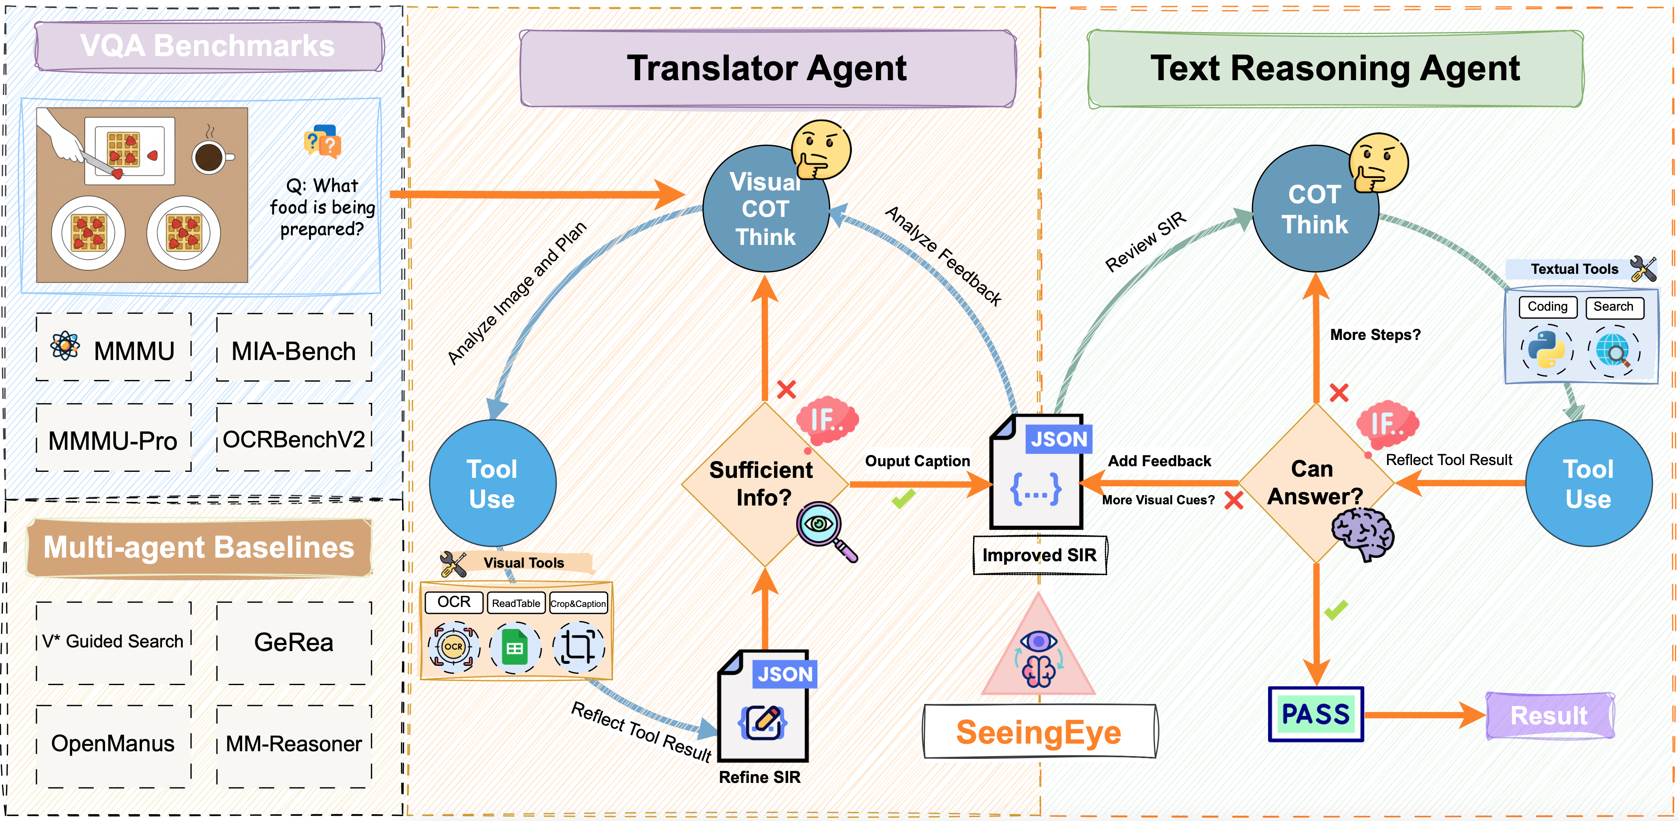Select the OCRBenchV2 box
click(294, 439)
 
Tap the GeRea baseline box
click(294, 643)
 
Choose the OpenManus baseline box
click(113, 744)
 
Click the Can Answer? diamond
click(1315, 483)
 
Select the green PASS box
click(1315, 714)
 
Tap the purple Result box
click(1549, 716)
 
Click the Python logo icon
click(1547, 350)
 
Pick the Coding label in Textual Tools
click(1548, 307)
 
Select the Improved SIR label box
click(1040, 555)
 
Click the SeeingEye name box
click(1040, 732)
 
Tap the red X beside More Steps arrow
click(1339, 393)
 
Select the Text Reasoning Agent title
click(1335, 69)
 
